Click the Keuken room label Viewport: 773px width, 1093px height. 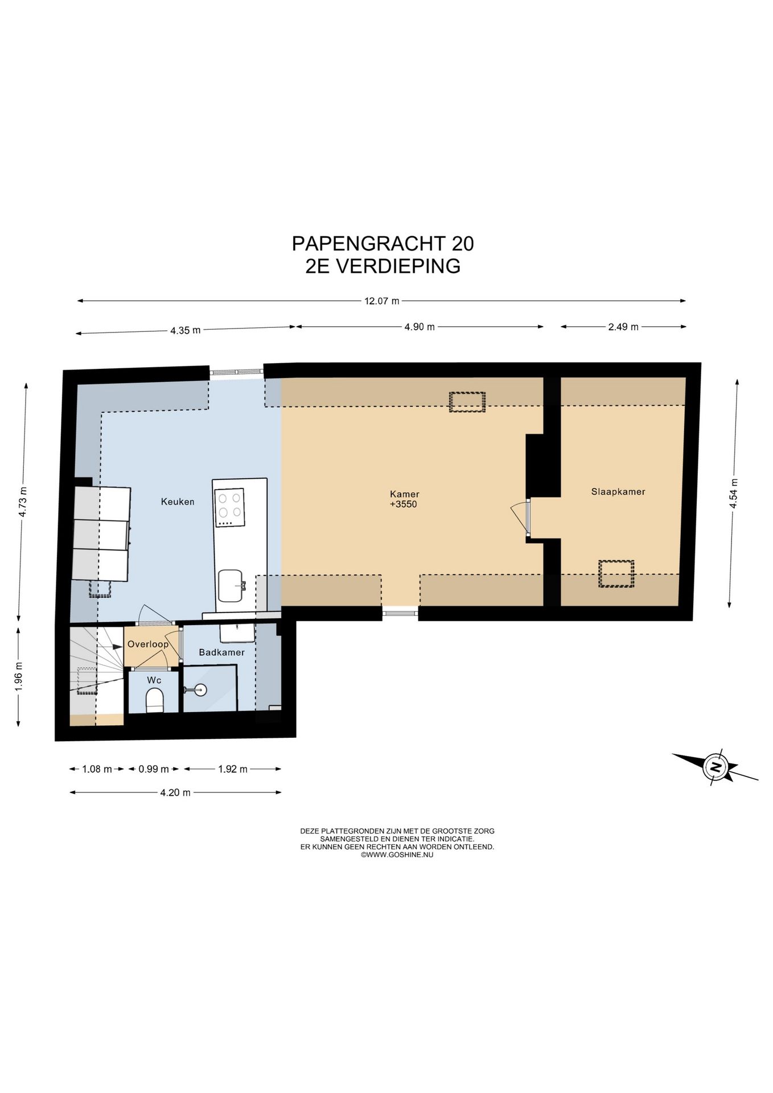[x=178, y=502]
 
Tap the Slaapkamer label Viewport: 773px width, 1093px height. [x=618, y=492]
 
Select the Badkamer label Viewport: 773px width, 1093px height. [x=221, y=652]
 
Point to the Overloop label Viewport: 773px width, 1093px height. [x=148, y=644]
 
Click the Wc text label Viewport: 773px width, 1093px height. [x=154, y=680]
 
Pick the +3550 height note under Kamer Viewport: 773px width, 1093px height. [x=404, y=504]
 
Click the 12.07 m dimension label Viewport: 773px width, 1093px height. [x=382, y=301]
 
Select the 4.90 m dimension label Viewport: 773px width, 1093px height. [x=420, y=327]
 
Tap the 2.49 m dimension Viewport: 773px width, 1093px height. [x=623, y=327]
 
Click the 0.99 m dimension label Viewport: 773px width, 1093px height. [x=154, y=769]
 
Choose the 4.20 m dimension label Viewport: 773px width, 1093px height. [x=175, y=792]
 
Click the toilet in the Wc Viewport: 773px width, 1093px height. [x=155, y=700]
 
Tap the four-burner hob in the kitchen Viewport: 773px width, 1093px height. [x=229, y=508]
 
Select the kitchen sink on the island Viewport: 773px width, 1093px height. [x=232, y=586]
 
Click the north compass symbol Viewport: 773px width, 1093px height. [x=716, y=767]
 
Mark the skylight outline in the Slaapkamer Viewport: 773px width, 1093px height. [x=616, y=574]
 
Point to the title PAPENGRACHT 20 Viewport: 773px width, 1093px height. [x=383, y=244]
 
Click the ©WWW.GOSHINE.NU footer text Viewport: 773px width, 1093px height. [x=397, y=854]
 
